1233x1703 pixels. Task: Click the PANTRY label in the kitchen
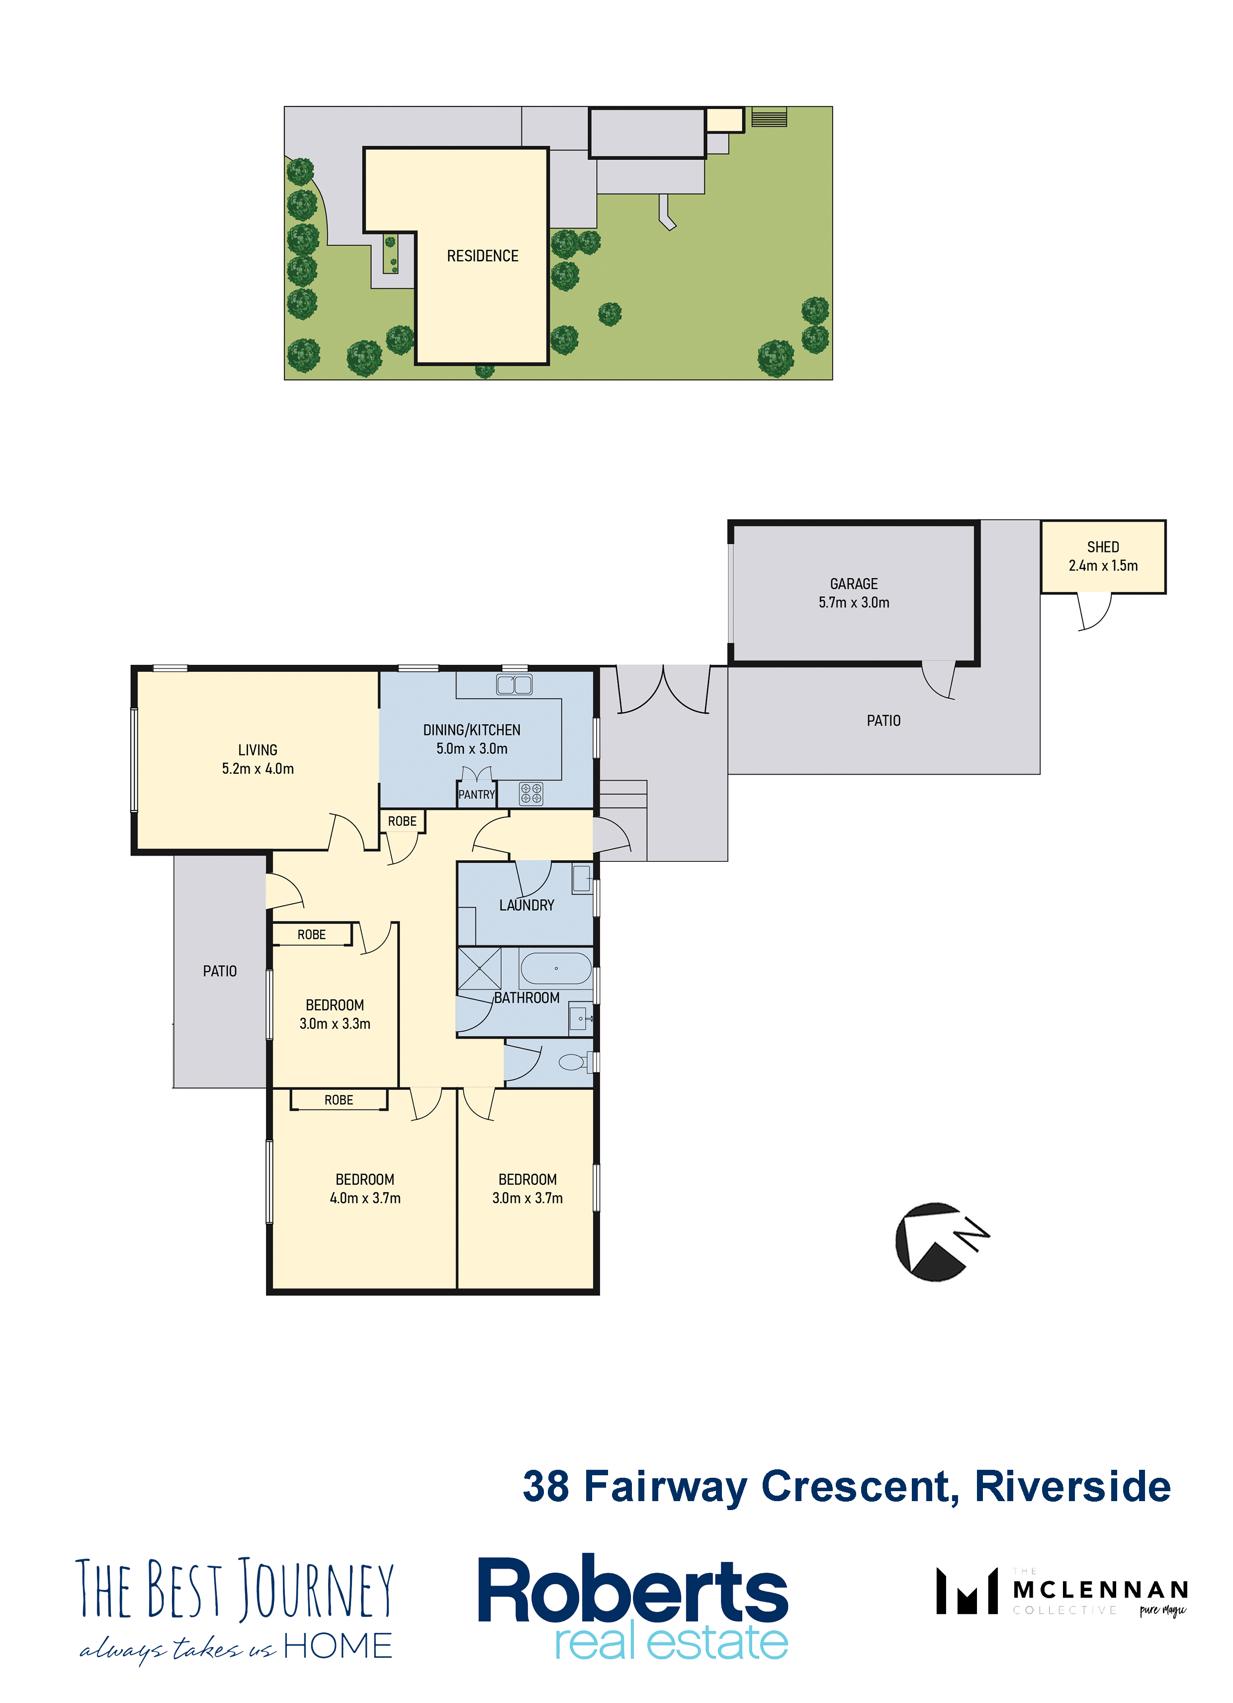click(x=477, y=795)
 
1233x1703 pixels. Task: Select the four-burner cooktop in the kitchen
click(x=531, y=793)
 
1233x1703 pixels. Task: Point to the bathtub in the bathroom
click(x=556, y=969)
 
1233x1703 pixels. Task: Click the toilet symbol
click(x=575, y=1062)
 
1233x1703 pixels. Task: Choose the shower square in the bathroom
click(x=479, y=969)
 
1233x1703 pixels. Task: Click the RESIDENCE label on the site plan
click(x=483, y=256)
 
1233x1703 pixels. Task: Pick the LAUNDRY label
click(x=527, y=905)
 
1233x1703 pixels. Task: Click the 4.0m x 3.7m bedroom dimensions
click(x=365, y=1198)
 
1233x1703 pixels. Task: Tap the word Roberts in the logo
click(x=632, y=1590)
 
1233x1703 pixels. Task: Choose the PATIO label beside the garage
click(x=884, y=721)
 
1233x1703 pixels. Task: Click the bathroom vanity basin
click(x=581, y=1019)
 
